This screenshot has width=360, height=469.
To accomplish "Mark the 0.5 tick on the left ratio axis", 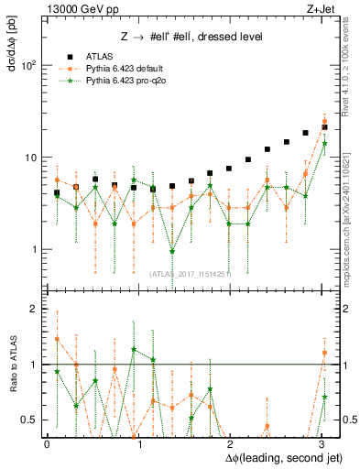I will coord(30,420).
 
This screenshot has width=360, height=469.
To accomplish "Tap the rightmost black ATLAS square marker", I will coord(324,127).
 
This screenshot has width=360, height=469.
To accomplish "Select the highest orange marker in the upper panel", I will coord(324,121).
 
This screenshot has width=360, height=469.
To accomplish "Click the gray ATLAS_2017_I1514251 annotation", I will coord(191,274).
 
